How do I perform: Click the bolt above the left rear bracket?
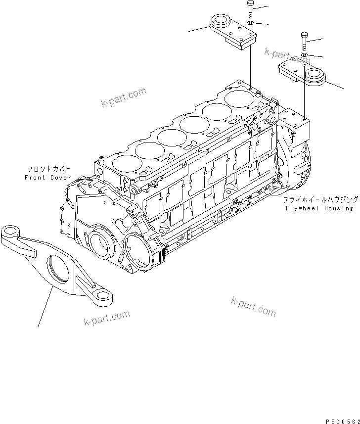pyautogui.click(x=250, y=9)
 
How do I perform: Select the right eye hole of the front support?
pyautogui.click(x=103, y=295)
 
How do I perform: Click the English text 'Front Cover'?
pyautogui.click(x=48, y=177)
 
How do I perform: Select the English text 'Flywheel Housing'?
pyautogui.click(x=319, y=208)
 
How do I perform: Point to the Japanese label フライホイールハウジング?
pyautogui.click(x=320, y=200)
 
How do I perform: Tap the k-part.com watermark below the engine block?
pyautogui.click(x=253, y=307)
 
